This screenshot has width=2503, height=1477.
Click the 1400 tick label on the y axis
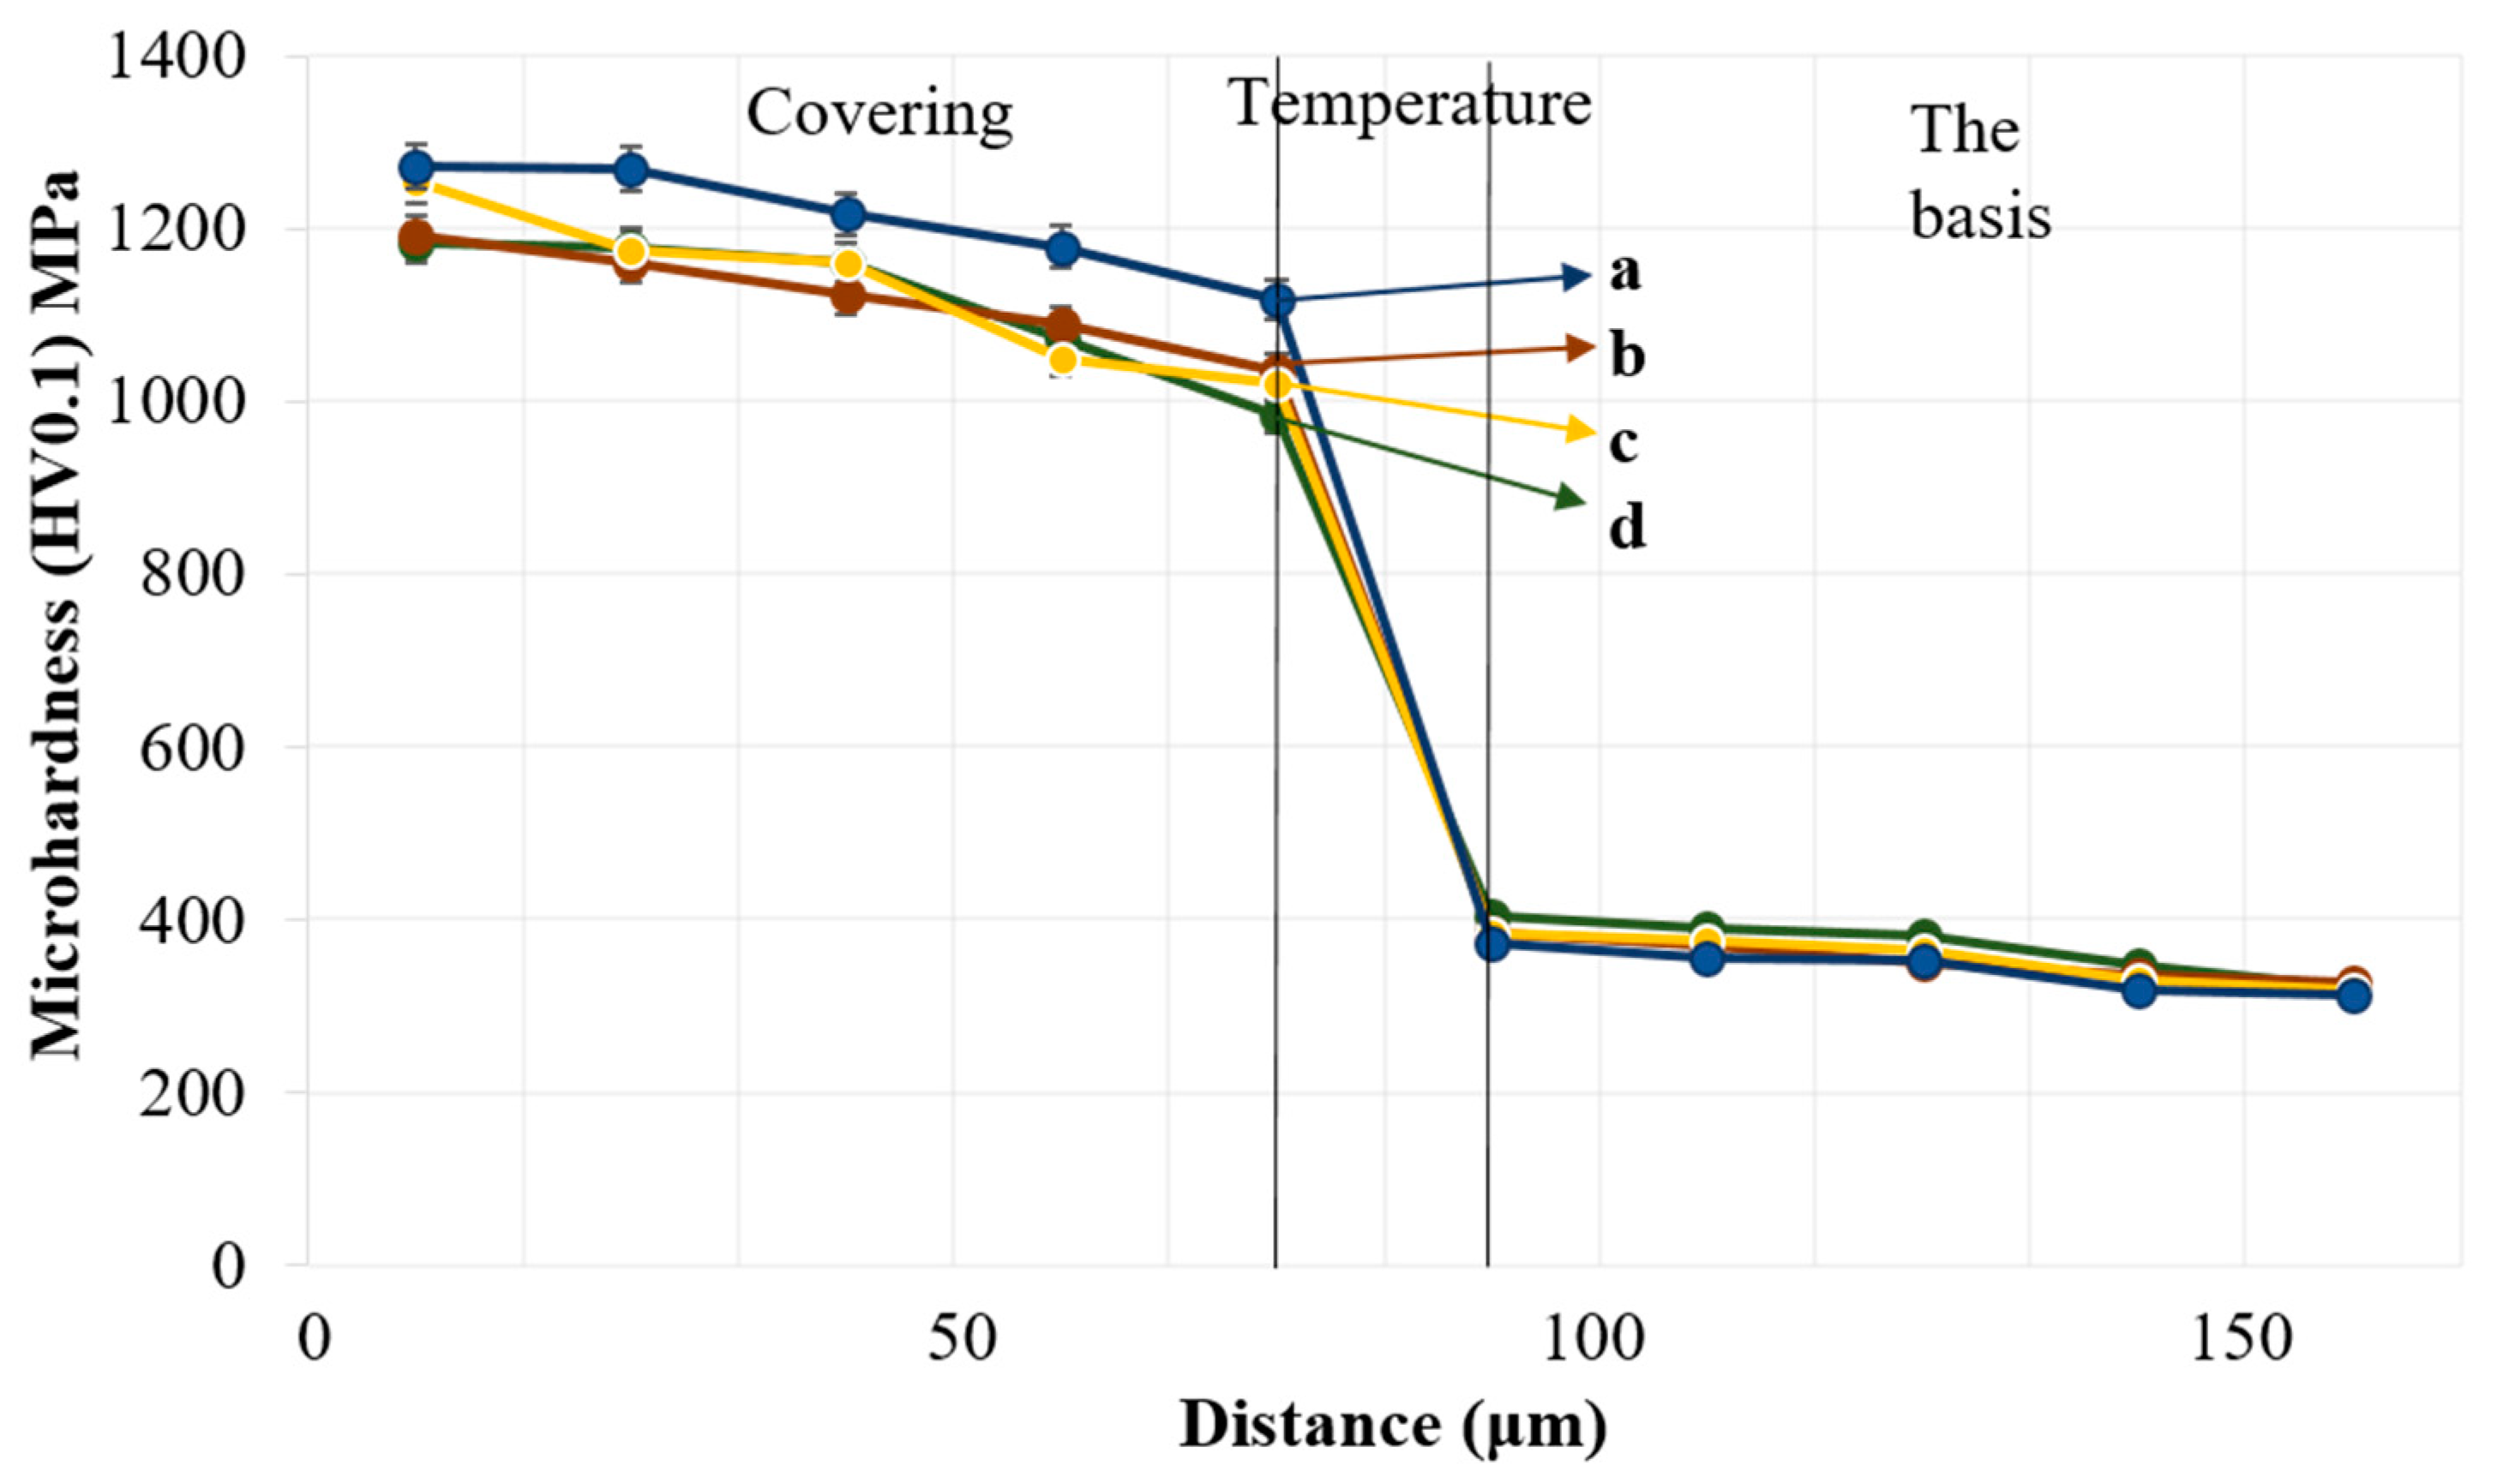177,57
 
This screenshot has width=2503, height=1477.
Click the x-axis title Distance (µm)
1393,1426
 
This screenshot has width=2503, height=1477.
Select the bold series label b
1627,356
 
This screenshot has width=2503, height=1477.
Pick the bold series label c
1624,442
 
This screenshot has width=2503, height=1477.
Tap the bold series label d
1627,528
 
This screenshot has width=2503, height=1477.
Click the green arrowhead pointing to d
1571,497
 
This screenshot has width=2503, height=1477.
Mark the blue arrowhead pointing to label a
1576,276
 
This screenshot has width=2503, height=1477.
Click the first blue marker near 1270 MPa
417,166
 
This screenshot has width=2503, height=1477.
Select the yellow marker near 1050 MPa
1063,358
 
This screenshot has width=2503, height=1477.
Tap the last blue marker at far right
2354,996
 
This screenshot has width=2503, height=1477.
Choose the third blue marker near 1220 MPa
847,214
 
